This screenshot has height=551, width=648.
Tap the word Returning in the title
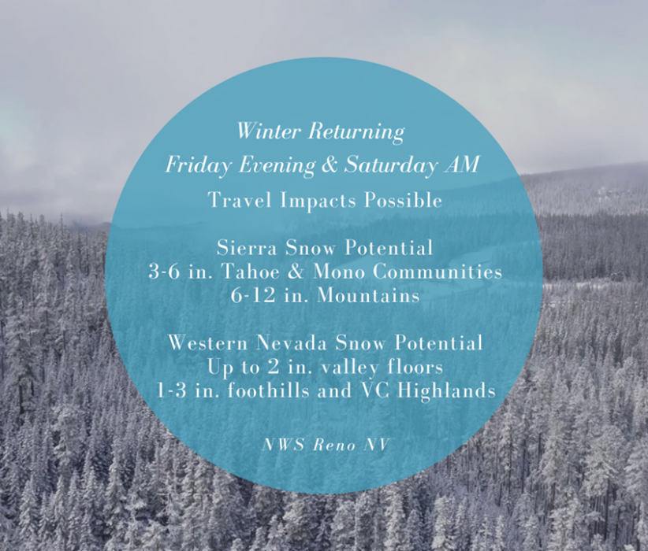coord(356,132)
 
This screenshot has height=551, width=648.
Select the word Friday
coord(199,166)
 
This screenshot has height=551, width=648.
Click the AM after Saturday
coord(462,165)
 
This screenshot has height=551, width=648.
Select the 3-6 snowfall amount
coord(164,272)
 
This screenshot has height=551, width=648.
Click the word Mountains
coord(368,295)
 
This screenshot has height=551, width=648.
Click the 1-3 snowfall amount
coord(171,391)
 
